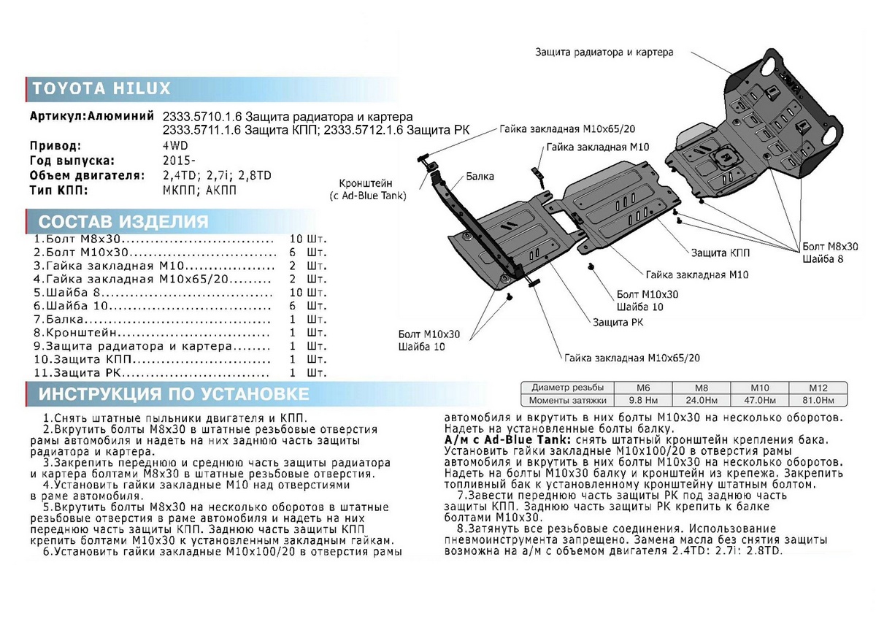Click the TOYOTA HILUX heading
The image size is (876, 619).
[x=101, y=89]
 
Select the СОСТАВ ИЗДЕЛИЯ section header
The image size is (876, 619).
[x=123, y=222]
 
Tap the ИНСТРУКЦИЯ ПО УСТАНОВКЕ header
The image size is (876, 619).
[x=173, y=395]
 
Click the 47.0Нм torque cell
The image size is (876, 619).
[x=763, y=401]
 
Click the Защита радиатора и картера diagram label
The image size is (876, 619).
[x=604, y=53]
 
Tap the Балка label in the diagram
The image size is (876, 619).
[x=480, y=177]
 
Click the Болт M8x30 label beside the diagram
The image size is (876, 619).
[x=829, y=247]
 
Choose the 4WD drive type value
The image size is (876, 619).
[x=175, y=145]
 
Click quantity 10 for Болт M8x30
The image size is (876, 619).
[x=296, y=239]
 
